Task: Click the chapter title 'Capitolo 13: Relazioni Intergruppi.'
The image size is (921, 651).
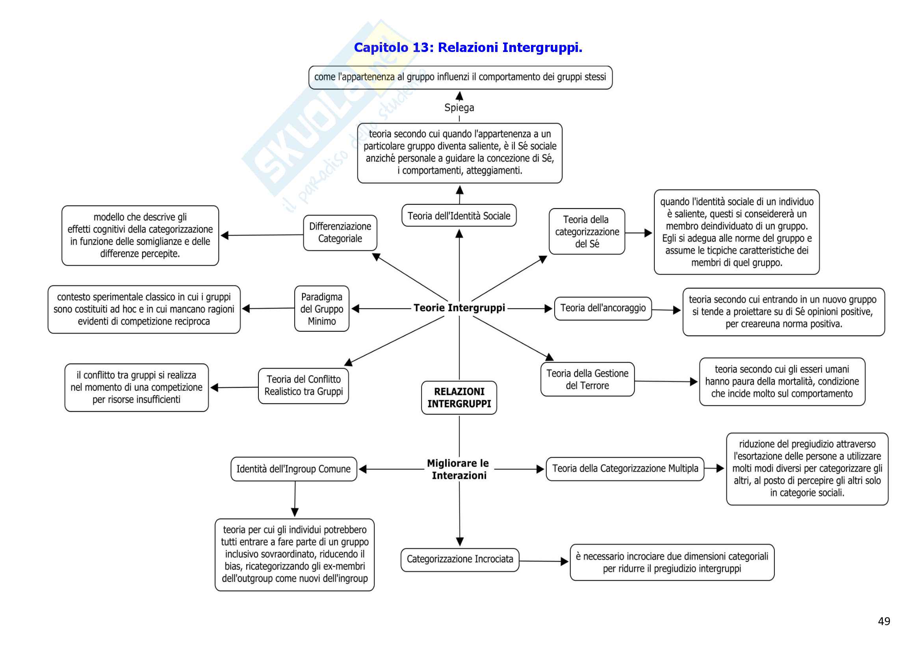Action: pyautogui.click(x=468, y=48)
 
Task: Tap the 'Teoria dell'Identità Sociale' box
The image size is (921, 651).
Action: pyautogui.click(x=459, y=216)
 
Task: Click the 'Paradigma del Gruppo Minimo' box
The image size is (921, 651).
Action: pyautogui.click(x=322, y=309)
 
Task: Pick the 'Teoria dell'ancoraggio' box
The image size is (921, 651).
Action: pyautogui.click(x=602, y=308)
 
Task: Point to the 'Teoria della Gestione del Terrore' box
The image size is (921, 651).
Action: pyautogui.click(x=587, y=379)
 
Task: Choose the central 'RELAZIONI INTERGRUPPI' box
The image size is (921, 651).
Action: pyautogui.click(x=459, y=398)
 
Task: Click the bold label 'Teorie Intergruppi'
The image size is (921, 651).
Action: pyautogui.click(x=459, y=308)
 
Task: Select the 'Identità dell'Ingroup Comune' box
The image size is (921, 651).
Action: pyautogui.click(x=293, y=469)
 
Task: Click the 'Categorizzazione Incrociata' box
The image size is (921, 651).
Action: pyautogui.click(x=460, y=559)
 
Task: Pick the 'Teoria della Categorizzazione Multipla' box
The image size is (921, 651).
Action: pyautogui.click(x=624, y=469)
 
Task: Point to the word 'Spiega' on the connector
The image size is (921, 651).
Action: pyautogui.click(x=459, y=107)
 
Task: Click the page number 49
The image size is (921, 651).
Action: pyautogui.click(x=884, y=621)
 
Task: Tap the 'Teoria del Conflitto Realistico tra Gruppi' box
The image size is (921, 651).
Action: pyautogui.click(x=303, y=386)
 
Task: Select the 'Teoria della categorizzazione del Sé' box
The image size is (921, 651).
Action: pyautogui.click(x=587, y=232)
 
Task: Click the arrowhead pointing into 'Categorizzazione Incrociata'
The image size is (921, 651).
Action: pyautogui.click(x=460, y=542)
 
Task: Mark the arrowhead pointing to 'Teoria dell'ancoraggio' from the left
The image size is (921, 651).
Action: pyautogui.click(x=548, y=309)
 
